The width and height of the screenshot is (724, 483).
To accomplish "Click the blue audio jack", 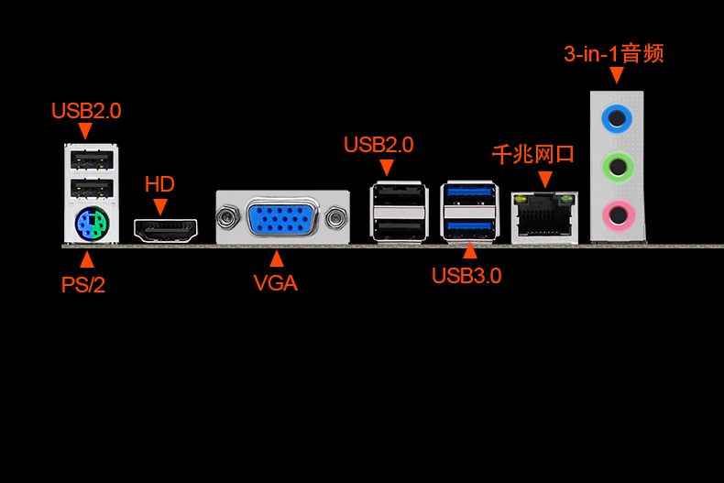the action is click(617, 118).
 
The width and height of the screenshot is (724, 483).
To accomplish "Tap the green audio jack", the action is click(618, 167).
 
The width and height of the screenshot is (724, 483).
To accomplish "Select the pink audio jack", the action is click(619, 214).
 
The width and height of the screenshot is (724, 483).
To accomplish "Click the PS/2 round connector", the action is click(92, 225).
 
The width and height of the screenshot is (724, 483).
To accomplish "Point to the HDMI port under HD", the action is click(166, 230).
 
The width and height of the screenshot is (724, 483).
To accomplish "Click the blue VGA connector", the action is click(281, 217).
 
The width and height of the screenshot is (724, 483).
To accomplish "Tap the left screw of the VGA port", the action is click(227, 217).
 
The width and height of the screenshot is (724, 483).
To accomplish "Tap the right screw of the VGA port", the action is click(336, 218).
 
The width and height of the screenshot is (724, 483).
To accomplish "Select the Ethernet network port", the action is click(545, 218).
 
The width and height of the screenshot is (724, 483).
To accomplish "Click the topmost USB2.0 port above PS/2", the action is click(92, 160).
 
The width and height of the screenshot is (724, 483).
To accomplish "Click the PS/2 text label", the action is click(83, 284).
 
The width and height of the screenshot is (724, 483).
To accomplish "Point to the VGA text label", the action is click(276, 283).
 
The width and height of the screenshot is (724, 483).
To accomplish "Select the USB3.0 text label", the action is click(466, 276).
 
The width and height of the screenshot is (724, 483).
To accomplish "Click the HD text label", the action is click(159, 184).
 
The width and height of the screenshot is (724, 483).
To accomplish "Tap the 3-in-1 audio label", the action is click(614, 53).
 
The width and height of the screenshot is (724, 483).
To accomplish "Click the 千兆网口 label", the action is click(532, 154).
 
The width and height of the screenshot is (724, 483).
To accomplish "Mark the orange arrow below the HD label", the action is click(160, 206).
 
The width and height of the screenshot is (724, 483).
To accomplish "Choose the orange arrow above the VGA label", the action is click(277, 258).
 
